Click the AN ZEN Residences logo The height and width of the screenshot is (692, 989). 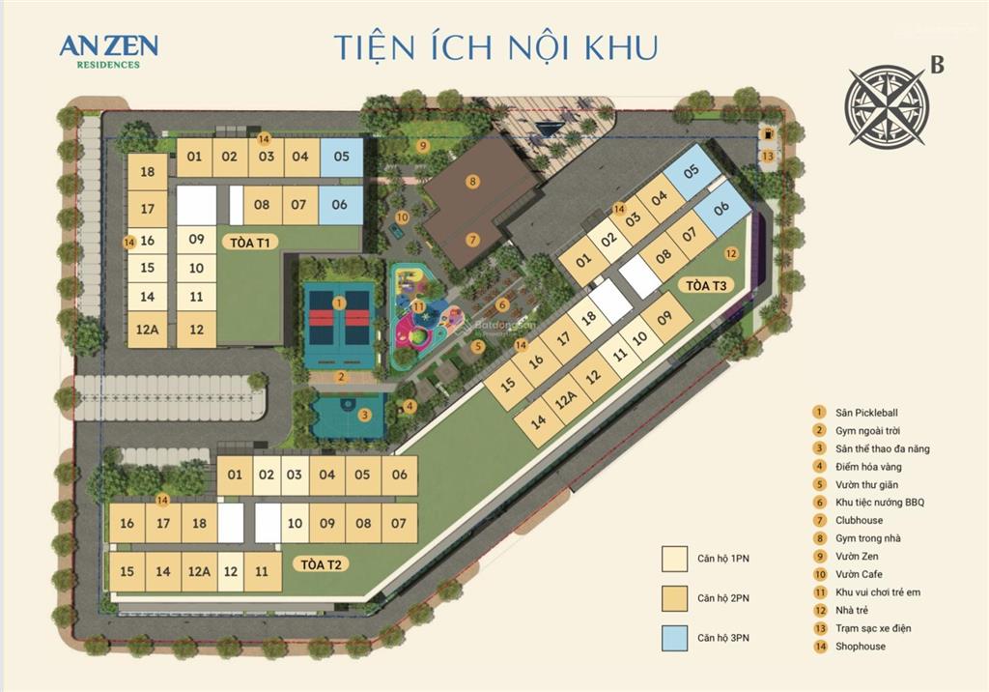108,50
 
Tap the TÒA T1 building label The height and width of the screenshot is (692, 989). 249,242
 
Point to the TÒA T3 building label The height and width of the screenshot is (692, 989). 706,285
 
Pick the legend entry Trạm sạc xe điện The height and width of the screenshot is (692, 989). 874,628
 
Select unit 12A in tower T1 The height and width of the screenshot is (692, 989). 147,330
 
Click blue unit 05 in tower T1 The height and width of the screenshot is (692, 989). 340,157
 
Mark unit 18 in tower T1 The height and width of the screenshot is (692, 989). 147,172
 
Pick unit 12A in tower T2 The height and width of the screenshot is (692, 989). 199,571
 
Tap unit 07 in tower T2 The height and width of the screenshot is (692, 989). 398,524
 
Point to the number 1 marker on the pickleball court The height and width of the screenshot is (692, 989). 338,303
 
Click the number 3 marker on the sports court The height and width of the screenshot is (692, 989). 363,416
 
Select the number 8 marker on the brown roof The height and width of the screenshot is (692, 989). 472,181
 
